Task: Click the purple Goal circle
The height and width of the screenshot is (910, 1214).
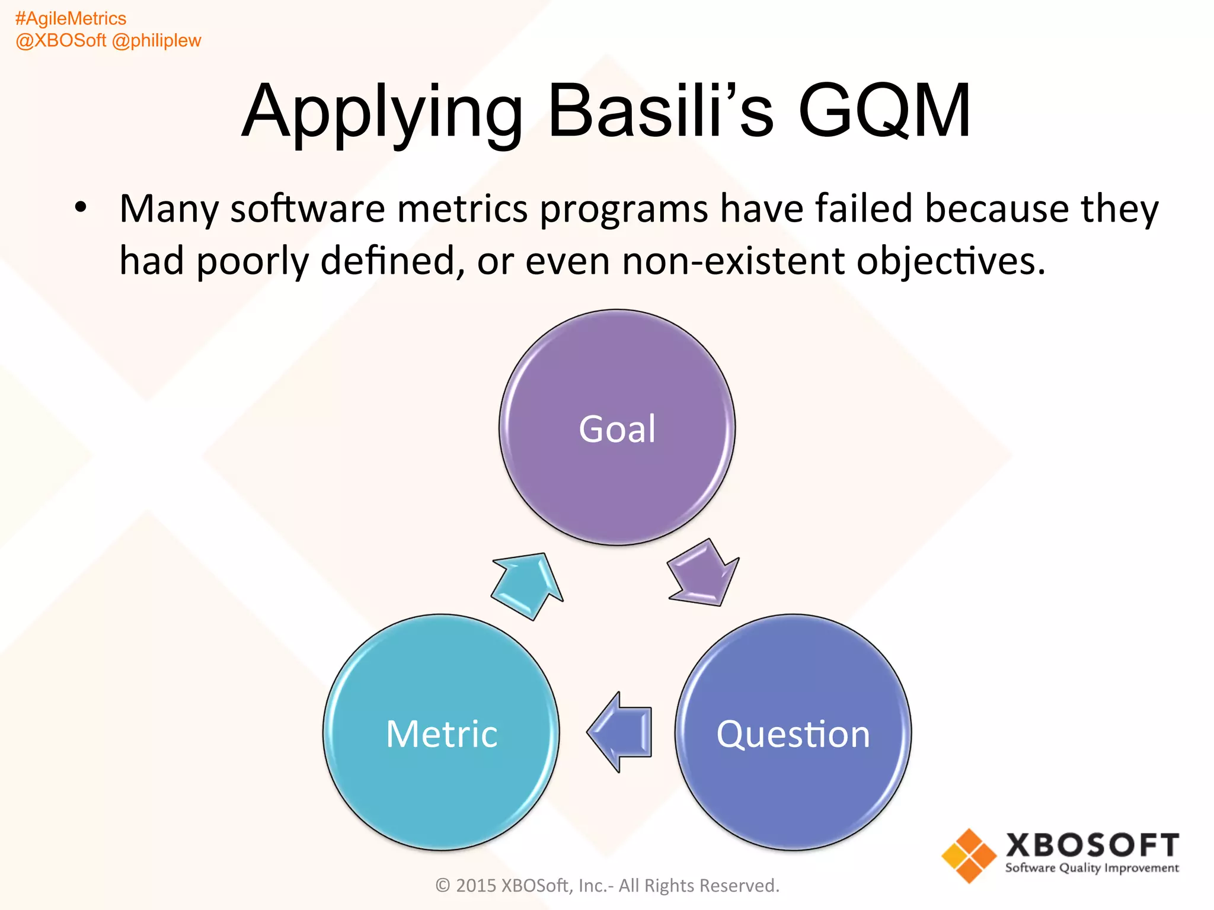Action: [617, 427]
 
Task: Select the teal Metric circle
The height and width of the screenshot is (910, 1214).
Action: [441, 732]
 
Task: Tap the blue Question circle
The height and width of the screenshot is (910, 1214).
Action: [793, 732]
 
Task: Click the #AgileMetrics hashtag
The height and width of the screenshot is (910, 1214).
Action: [71, 18]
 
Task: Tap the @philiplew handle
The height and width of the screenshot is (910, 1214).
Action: [156, 40]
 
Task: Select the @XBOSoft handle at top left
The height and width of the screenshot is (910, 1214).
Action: [60, 40]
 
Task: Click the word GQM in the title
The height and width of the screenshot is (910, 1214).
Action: [884, 111]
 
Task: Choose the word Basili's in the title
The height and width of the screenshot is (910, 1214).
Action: [660, 111]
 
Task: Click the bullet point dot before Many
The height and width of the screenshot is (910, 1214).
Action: [81, 208]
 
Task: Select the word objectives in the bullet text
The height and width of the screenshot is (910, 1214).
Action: [950, 261]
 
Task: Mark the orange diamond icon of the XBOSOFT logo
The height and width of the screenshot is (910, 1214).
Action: [969, 855]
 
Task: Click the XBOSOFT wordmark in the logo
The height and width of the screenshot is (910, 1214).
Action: [1092, 845]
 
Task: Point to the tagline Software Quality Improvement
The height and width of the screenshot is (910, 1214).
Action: [1092, 869]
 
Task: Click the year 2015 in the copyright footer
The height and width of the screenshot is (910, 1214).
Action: [476, 886]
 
